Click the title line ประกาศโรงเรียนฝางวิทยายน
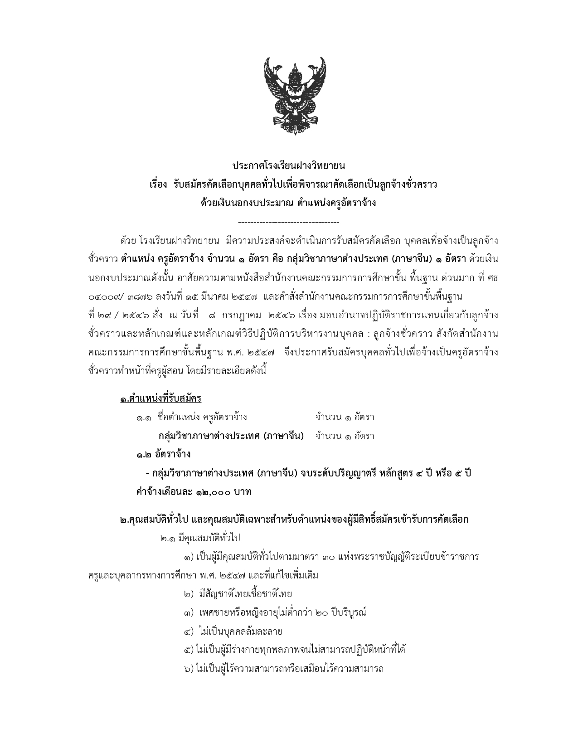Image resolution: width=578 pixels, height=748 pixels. tap(289, 166)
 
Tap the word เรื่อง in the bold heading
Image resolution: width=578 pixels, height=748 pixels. tap(158, 185)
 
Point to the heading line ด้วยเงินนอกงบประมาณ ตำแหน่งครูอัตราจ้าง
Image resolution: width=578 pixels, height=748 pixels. tap(288, 203)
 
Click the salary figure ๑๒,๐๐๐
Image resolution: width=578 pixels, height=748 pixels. tap(213, 492)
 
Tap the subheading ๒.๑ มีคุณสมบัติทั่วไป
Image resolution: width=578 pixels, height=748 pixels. tap(200, 538)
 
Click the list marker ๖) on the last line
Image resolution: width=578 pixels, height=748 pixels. tap(189, 668)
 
